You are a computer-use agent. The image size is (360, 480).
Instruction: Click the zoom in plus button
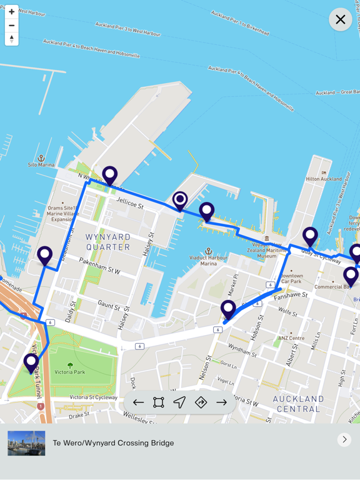[11, 12]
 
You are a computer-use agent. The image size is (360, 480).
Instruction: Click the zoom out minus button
[11, 26]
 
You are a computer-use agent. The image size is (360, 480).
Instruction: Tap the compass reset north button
[11, 39]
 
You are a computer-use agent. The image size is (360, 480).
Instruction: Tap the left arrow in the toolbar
[138, 402]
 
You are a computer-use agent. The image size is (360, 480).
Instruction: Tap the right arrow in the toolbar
[222, 402]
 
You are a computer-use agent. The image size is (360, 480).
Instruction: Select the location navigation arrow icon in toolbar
[179, 402]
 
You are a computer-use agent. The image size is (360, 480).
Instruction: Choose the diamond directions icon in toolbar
[201, 402]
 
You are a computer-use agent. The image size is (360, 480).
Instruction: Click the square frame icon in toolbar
[159, 402]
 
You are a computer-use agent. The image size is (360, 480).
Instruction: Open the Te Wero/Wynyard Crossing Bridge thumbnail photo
[26, 442]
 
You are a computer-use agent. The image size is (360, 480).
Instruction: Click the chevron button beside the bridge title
[344, 439]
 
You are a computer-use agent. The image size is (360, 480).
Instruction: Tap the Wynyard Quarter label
[108, 242]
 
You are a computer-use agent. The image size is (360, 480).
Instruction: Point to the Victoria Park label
[70, 373]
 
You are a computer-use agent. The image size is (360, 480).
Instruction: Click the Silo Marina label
[41, 164]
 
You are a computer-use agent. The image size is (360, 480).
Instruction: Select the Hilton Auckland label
[324, 178]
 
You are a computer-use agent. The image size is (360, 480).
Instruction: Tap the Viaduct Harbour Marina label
[209, 259]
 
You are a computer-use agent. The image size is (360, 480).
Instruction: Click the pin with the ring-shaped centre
[180, 201]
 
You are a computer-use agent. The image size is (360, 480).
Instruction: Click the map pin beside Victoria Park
[31, 362]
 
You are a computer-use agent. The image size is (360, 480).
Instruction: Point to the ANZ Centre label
[292, 338]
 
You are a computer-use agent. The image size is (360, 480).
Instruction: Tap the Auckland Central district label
[298, 403]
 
